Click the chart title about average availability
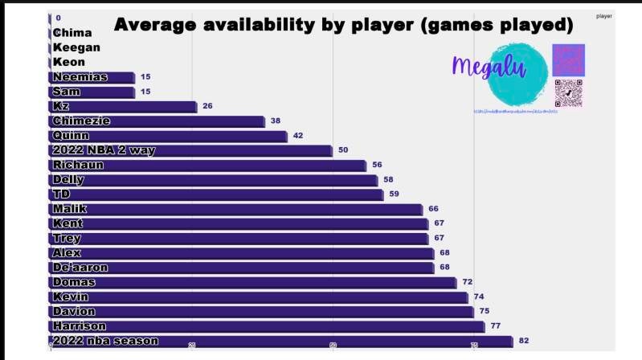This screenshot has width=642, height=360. click(343, 25)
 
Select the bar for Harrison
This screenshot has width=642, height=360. click(268, 326)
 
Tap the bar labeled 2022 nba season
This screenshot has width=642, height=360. click(281, 342)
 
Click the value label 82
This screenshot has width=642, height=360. click(525, 341)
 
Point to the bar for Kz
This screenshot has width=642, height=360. click(124, 107)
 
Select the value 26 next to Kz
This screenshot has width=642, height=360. click(207, 106)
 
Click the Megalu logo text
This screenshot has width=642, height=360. click(489, 67)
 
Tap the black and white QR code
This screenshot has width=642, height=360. click(568, 93)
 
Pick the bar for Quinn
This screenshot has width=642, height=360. click(169, 136)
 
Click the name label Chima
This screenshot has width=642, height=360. click(72, 33)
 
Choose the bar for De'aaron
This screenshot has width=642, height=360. click(242, 268)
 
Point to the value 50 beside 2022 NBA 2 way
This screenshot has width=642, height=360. click(343, 150)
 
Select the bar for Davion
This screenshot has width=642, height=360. click(262, 312)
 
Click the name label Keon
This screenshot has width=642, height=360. click(69, 62)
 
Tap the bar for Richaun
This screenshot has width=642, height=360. click(208, 166)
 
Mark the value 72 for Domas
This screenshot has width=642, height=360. click(468, 282)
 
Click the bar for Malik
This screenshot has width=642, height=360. click(236, 209)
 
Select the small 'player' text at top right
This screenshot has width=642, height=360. click(603, 16)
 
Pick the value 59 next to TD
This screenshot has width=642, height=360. click(394, 194)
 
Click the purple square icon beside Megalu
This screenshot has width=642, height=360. click(568, 59)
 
